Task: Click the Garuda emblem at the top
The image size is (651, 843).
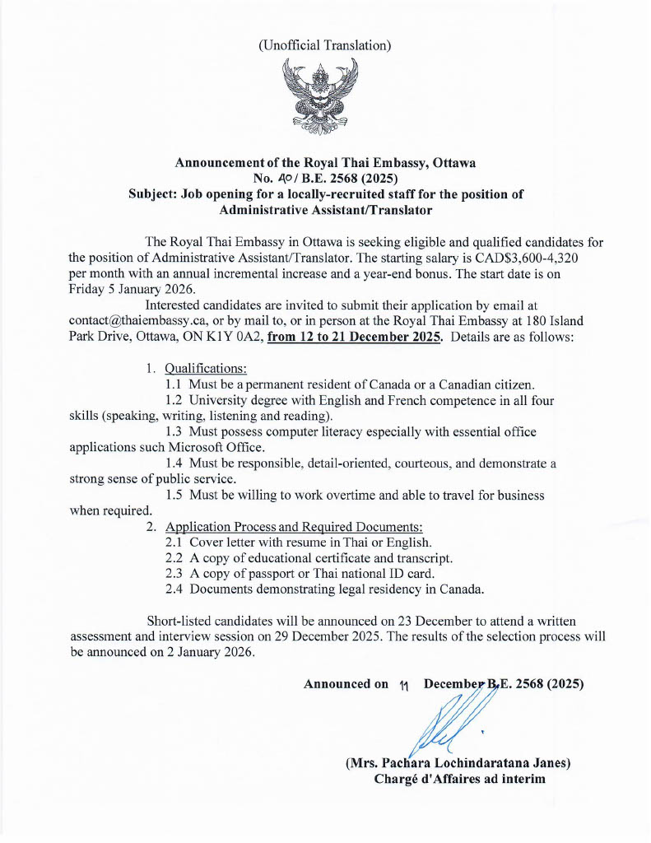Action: (x=324, y=99)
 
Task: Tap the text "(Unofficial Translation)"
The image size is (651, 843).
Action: (x=324, y=46)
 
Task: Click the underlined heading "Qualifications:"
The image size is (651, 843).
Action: (x=206, y=367)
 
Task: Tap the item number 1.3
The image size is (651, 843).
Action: (x=174, y=431)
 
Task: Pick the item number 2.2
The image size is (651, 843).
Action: (x=174, y=557)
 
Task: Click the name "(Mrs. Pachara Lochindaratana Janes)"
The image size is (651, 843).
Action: (x=458, y=763)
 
